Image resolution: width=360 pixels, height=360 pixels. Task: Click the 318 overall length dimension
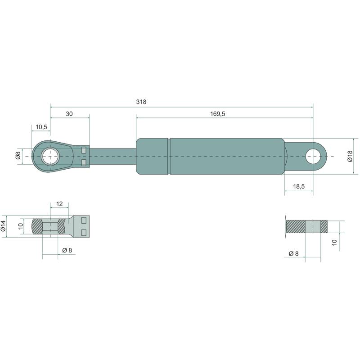(x=141, y=102)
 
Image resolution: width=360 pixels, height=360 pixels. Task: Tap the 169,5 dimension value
(x=218, y=114)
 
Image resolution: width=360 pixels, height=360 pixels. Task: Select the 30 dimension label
(x=69, y=114)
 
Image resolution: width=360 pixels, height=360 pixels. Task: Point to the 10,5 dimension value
(x=41, y=127)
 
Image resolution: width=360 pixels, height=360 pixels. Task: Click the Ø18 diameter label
(x=350, y=156)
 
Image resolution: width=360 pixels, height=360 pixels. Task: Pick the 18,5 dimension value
(x=299, y=186)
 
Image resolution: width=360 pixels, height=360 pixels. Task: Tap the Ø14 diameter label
(x=3, y=226)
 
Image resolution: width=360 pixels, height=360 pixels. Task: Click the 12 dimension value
(x=59, y=204)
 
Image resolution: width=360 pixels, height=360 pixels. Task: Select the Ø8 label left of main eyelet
(x=18, y=156)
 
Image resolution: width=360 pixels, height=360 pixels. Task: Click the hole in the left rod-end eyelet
(x=50, y=156)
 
